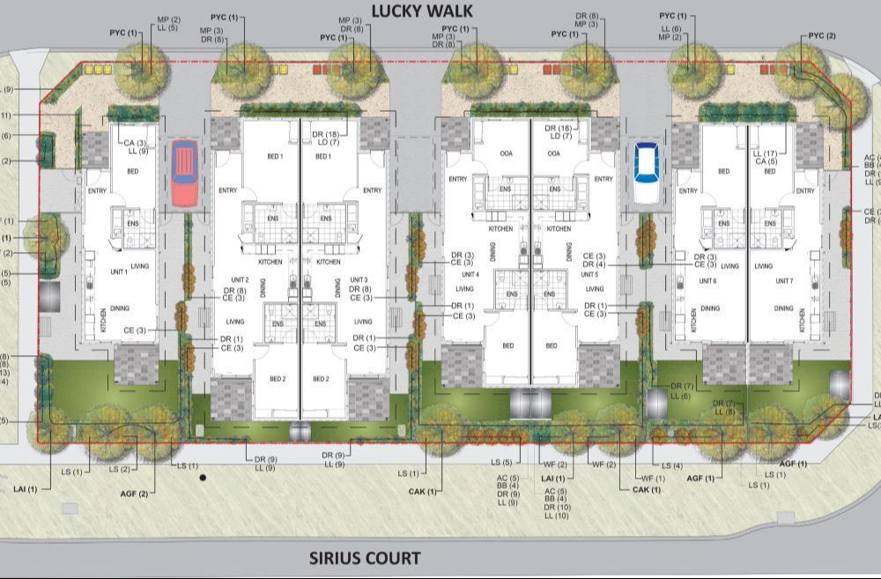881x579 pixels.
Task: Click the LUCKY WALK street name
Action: pos(422,11)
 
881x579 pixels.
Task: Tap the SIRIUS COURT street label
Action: pos(365,558)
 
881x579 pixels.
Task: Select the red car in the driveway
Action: pos(184,173)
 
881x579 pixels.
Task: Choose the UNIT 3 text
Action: pos(358,280)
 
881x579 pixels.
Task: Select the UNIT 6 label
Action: pos(707,280)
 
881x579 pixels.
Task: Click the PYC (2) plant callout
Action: pos(821,36)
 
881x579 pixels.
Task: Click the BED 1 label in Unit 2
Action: pos(275,156)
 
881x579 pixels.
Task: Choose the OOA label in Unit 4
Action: pos(506,153)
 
